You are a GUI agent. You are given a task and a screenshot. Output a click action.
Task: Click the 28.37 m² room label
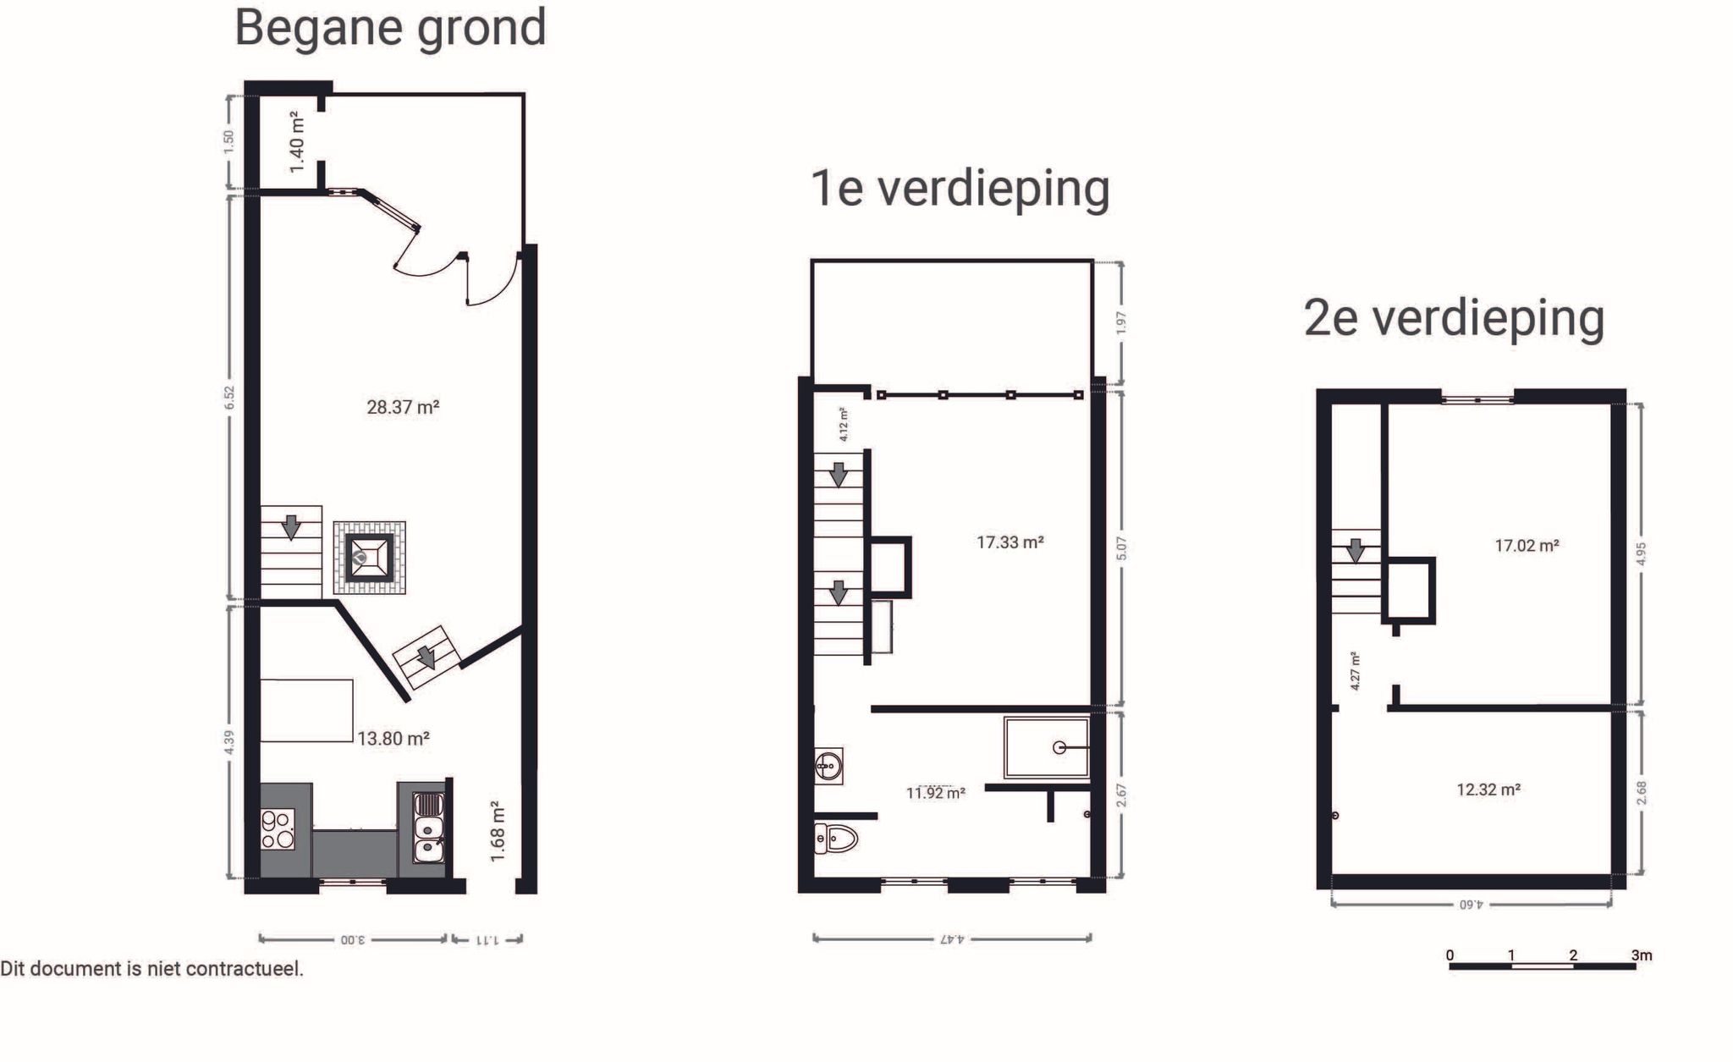[x=403, y=407]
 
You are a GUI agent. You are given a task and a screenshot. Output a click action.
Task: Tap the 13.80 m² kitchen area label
[x=393, y=739]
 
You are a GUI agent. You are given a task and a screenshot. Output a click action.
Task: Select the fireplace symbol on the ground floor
[x=369, y=558]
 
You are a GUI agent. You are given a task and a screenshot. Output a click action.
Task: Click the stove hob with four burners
[x=278, y=829]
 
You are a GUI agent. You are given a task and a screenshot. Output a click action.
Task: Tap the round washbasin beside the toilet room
[x=828, y=766]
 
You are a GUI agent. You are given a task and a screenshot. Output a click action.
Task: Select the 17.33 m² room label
[x=1010, y=542]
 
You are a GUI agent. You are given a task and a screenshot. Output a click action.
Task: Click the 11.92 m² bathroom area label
[x=935, y=793]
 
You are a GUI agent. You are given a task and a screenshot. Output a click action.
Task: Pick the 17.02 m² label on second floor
[x=1527, y=546]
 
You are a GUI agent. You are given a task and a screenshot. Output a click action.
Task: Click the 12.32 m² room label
[x=1488, y=790]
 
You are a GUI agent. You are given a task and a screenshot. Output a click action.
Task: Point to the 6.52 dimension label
[x=229, y=398]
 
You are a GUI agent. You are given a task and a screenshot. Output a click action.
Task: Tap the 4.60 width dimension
[x=1472, y=905]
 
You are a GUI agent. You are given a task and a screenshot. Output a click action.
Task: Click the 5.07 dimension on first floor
[x=1121, y=548]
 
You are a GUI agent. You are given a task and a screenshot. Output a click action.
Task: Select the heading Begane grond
[x=390, y=28]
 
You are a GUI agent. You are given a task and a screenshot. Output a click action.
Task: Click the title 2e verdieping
[x=1454, y=318]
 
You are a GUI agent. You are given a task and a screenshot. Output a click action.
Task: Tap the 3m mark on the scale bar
[x=1641, y=955]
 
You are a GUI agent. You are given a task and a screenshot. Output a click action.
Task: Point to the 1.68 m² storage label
[x=498, y=832]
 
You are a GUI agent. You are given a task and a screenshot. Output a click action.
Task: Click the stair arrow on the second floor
[x=1356, y=551]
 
